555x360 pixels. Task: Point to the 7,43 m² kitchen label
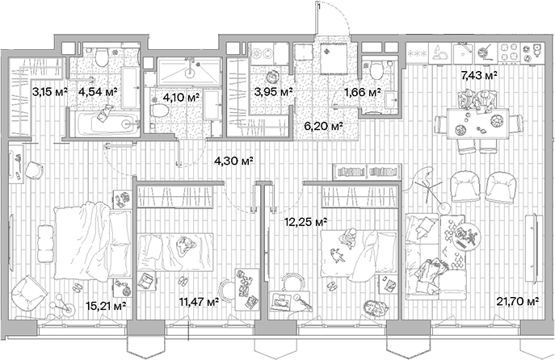coord(478,75)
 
